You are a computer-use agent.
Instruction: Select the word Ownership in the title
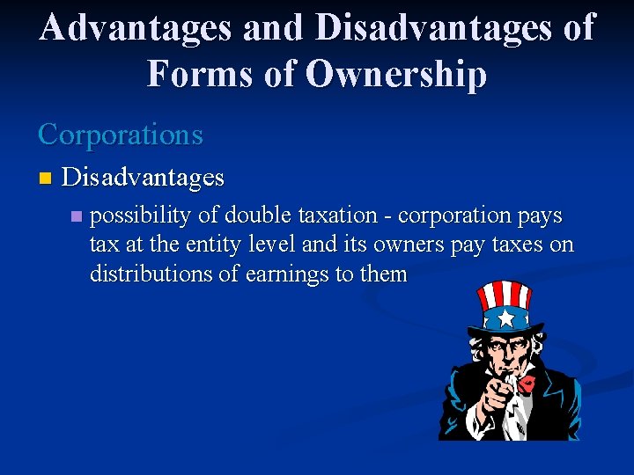pyautogui.click(x=395, y=75)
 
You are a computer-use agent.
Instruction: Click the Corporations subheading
pyautogui.click(x=121, y=135)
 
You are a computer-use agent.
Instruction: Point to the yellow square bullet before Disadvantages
pyautogui.click(x=45, y=179)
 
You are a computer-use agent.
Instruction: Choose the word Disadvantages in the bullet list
pyautogui.click(x=144, y=178)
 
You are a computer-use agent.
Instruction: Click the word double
pyautogui.click(x=255, y=216)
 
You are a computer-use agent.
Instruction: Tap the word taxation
pyautogui.click(x=335, y=216)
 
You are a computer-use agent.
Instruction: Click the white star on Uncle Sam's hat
pyautogui.click(x=507, y=317)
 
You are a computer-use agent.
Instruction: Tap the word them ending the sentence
pyautogui.click(x=384, y=274)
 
